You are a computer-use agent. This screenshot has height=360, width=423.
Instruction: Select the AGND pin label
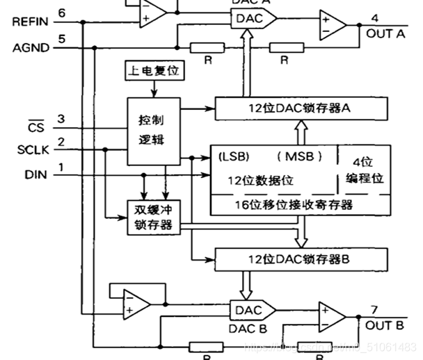coord(31,48)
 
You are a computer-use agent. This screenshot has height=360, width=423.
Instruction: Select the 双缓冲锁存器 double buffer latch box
coord(153,216)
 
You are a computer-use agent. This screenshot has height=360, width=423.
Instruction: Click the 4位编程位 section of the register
coord(365,169)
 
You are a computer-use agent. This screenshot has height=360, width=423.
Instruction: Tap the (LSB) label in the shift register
coord(234,154)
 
